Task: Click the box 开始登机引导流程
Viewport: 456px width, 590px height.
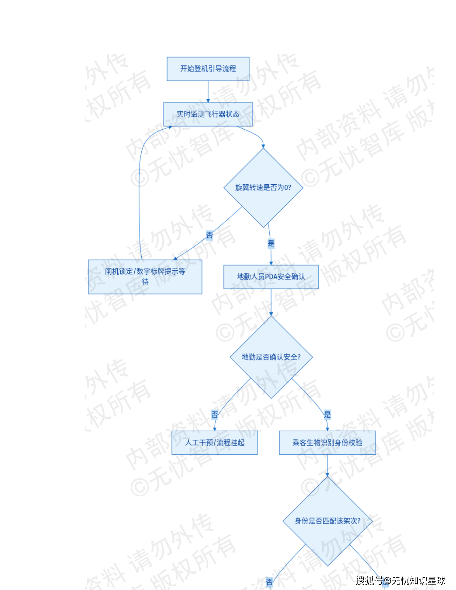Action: coord(208,69)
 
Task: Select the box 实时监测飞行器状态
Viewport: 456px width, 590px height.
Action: coord(208,114)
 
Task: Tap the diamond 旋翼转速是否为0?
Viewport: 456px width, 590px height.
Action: coord(263,187)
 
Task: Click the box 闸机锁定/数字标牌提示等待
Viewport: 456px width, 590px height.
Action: coord(145,277)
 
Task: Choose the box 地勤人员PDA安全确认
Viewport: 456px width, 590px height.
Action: coord(271,277)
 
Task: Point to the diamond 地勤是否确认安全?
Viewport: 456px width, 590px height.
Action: coord(271,357)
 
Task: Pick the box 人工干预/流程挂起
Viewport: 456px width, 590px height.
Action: coord(215,442)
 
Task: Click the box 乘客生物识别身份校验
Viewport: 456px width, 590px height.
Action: coord(327,442)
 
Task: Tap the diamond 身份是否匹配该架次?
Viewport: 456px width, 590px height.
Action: coord(327,521)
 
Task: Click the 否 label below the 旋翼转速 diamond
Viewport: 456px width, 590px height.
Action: coord(209,235)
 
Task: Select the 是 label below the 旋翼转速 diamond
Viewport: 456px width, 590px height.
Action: coord(271,243)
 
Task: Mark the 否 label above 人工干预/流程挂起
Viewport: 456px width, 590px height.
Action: coord(215,415)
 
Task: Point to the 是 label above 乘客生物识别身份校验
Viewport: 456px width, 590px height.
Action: coord(327,415)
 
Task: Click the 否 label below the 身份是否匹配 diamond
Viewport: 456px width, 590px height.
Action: coord(269,582)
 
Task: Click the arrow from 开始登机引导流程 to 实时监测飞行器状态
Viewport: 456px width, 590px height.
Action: coord(208,92)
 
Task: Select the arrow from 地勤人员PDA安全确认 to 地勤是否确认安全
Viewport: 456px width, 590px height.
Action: coord(271,302)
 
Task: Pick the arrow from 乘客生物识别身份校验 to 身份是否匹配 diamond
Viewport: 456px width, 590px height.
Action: coord(327,465)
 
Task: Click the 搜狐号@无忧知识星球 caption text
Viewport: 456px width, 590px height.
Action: coord(400,581)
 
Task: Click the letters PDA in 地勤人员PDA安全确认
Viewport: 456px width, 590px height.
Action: coord(271,277)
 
